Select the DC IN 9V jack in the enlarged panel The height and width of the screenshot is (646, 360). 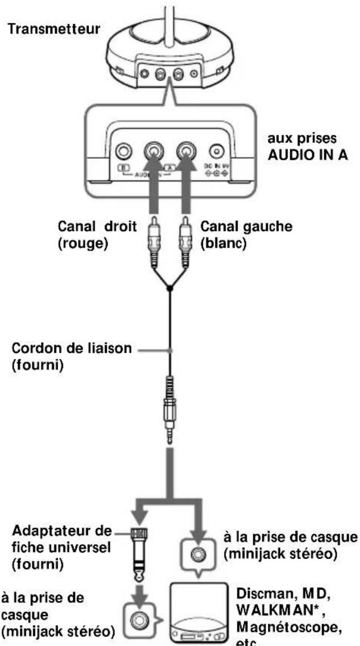tap(215, 152)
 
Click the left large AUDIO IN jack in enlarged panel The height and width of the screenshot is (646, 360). tap(153, 151)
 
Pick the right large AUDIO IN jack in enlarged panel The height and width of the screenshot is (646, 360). tap(185, 151)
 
